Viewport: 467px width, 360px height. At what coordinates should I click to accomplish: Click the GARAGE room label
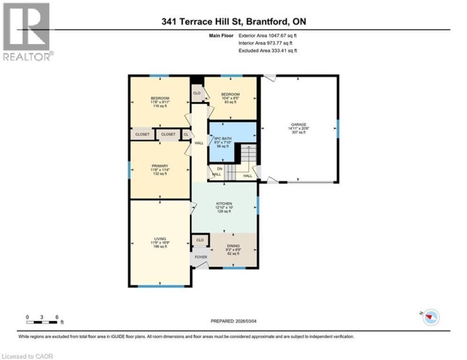[298, 128]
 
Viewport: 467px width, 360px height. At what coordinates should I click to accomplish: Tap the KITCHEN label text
[224, 207]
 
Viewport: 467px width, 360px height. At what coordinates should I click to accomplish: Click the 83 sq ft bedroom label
[231, 97]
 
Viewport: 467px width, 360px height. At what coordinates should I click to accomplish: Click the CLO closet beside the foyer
[200, 240]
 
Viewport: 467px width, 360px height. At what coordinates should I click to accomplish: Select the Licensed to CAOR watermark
[28, 355]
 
